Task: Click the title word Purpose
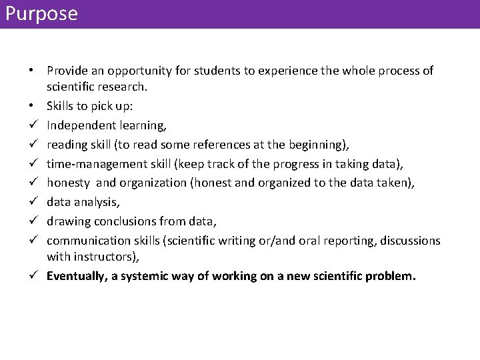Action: click(41, 14)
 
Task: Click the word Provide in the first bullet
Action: click(67, 71)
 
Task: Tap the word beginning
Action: click(315, 144)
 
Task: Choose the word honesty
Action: click(68, 183)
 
